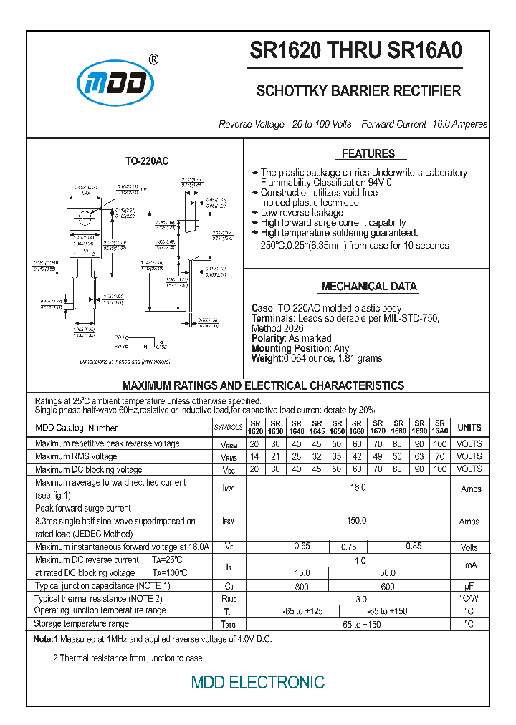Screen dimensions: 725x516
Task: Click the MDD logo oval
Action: point(115,85)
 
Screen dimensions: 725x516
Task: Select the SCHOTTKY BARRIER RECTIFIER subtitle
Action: point(358,91)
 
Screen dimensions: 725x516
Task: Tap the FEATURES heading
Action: point(368,153)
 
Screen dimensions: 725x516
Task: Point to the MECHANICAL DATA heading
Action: point(369,286)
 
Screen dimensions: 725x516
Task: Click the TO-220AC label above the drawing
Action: point(147,162)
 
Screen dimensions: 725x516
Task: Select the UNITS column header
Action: point(469,427)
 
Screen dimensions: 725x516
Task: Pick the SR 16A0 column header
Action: point(440,427)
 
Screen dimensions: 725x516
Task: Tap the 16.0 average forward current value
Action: point(358,487)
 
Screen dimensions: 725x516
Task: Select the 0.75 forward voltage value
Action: point(348,547)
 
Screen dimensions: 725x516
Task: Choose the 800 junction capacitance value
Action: point(302,587)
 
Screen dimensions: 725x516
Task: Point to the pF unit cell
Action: point(469,586)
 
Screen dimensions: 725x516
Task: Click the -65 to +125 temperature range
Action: point(302,611)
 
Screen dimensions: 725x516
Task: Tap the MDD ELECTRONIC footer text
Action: point(258,682)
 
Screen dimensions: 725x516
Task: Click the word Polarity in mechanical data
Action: point(267,338)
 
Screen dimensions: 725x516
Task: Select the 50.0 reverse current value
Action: point(388,573)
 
